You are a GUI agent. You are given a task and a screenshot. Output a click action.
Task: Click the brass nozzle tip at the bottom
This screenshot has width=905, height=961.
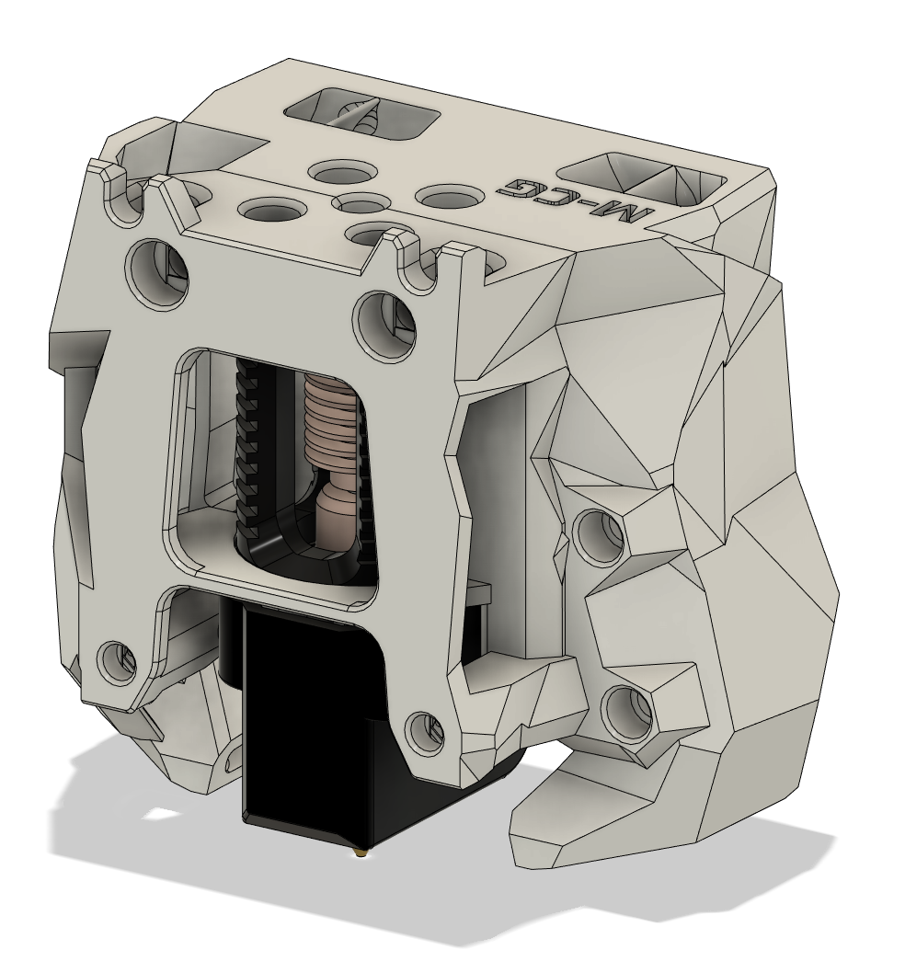(360, 852)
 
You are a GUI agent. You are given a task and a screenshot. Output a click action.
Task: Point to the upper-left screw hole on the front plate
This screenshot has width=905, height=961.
(158, 271)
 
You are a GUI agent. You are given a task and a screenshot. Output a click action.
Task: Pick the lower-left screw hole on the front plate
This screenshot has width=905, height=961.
(119, 664)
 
